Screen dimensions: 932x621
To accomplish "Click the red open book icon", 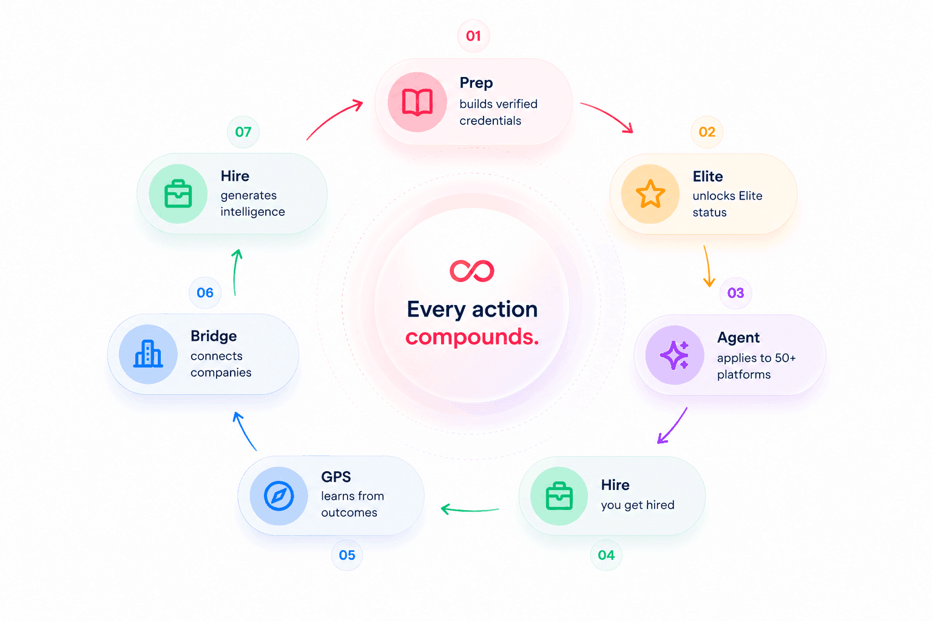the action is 417,102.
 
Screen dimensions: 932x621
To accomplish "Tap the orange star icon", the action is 650,194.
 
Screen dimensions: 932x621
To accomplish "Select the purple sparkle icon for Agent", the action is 675,355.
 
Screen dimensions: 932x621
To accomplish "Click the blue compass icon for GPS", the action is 279,496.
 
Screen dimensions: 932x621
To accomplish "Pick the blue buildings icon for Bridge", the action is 148,354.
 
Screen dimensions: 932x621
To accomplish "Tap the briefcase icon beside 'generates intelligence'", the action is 178,194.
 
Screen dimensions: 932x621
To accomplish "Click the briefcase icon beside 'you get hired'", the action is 559,496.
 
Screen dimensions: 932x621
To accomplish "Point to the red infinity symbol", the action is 472,270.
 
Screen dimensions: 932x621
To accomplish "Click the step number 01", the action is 473,36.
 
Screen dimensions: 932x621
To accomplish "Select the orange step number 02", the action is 707,132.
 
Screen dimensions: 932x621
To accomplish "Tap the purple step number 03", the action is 735,293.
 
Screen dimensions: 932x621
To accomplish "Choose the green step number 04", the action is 606,555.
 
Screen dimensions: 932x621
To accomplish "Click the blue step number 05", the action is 347,555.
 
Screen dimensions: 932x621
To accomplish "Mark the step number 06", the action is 205,293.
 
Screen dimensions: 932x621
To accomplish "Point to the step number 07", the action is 243,132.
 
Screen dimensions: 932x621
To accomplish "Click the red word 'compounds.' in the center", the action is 472,337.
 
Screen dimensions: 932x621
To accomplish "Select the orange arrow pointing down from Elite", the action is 707,266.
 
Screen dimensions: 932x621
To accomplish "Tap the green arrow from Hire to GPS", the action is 470,509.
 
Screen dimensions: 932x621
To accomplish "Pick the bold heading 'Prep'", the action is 476,82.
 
